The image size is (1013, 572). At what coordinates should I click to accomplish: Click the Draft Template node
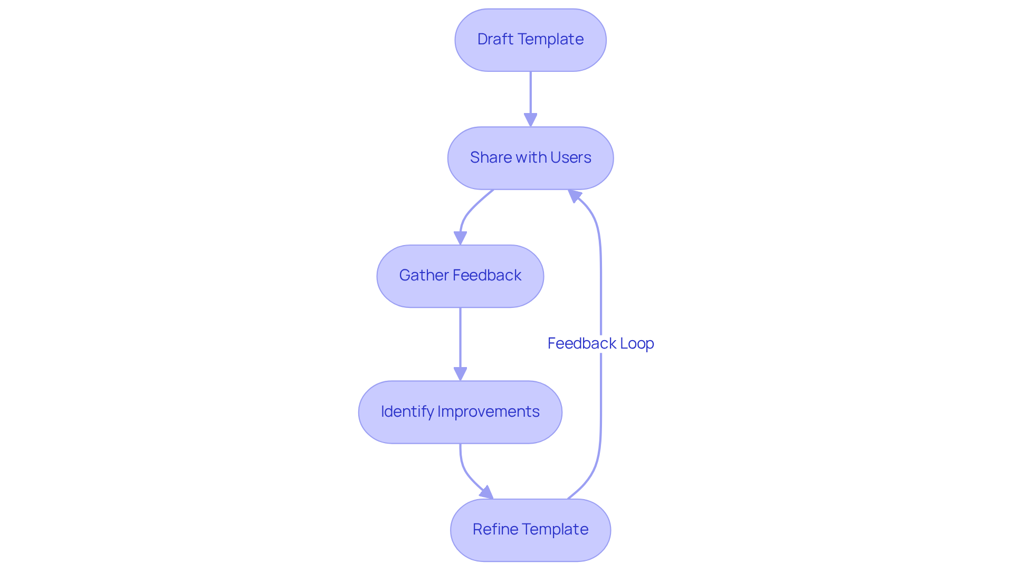pyautogui.click(x=530, y=40)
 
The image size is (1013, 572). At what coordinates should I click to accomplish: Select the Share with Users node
pyautogui.click(x=530, y=158)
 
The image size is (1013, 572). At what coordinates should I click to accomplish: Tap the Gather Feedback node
pyautogui.click(x=460, y=276)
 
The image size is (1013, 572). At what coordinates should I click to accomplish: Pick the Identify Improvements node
pyautogui.click(x=460, y=412)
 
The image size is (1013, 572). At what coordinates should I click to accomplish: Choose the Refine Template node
pyautogui.click(x=530, y=530)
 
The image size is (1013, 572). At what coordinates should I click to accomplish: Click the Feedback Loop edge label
pyautogui.click(x=600, y=343)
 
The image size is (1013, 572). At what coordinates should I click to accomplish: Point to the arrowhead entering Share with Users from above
pyautogui.click(x=530, y=120)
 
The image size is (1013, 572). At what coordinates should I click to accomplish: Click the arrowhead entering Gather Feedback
pyautogui.click(x=460, y=238)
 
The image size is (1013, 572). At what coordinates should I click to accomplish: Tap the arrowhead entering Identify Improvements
pyautogui.click(x=460, y=374)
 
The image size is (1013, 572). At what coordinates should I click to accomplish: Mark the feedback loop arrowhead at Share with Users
pyautogui.click(x=574, y=195)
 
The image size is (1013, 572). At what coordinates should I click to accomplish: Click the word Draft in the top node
pyautogui.click(x=495, y=39)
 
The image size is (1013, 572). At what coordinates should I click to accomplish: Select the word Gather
pyautogui.click(x=424, y=275)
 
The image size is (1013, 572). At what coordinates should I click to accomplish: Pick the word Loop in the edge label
pyautogui.click(x=637, y=343)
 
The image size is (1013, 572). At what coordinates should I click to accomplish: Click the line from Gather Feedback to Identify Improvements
pyautogui.click(x=460, y=338)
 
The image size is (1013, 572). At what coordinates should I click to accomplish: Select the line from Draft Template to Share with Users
pyautogui.click(x=530, y=92)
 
